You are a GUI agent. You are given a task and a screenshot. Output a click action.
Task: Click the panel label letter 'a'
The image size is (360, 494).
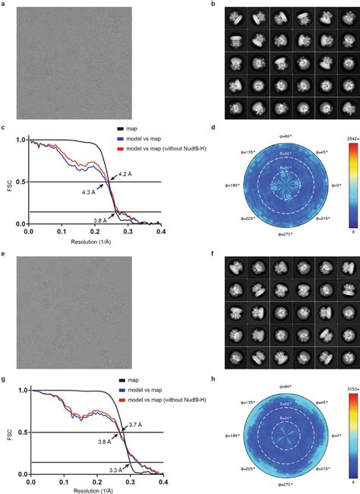[3, 4]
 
